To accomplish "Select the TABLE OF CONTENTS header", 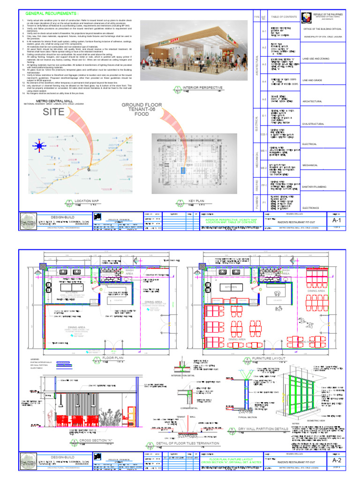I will point(284,17).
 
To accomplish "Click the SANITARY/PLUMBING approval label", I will point(317,186).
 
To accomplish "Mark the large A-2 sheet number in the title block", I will point(336,461).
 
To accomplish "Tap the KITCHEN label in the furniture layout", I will point(231,287).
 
